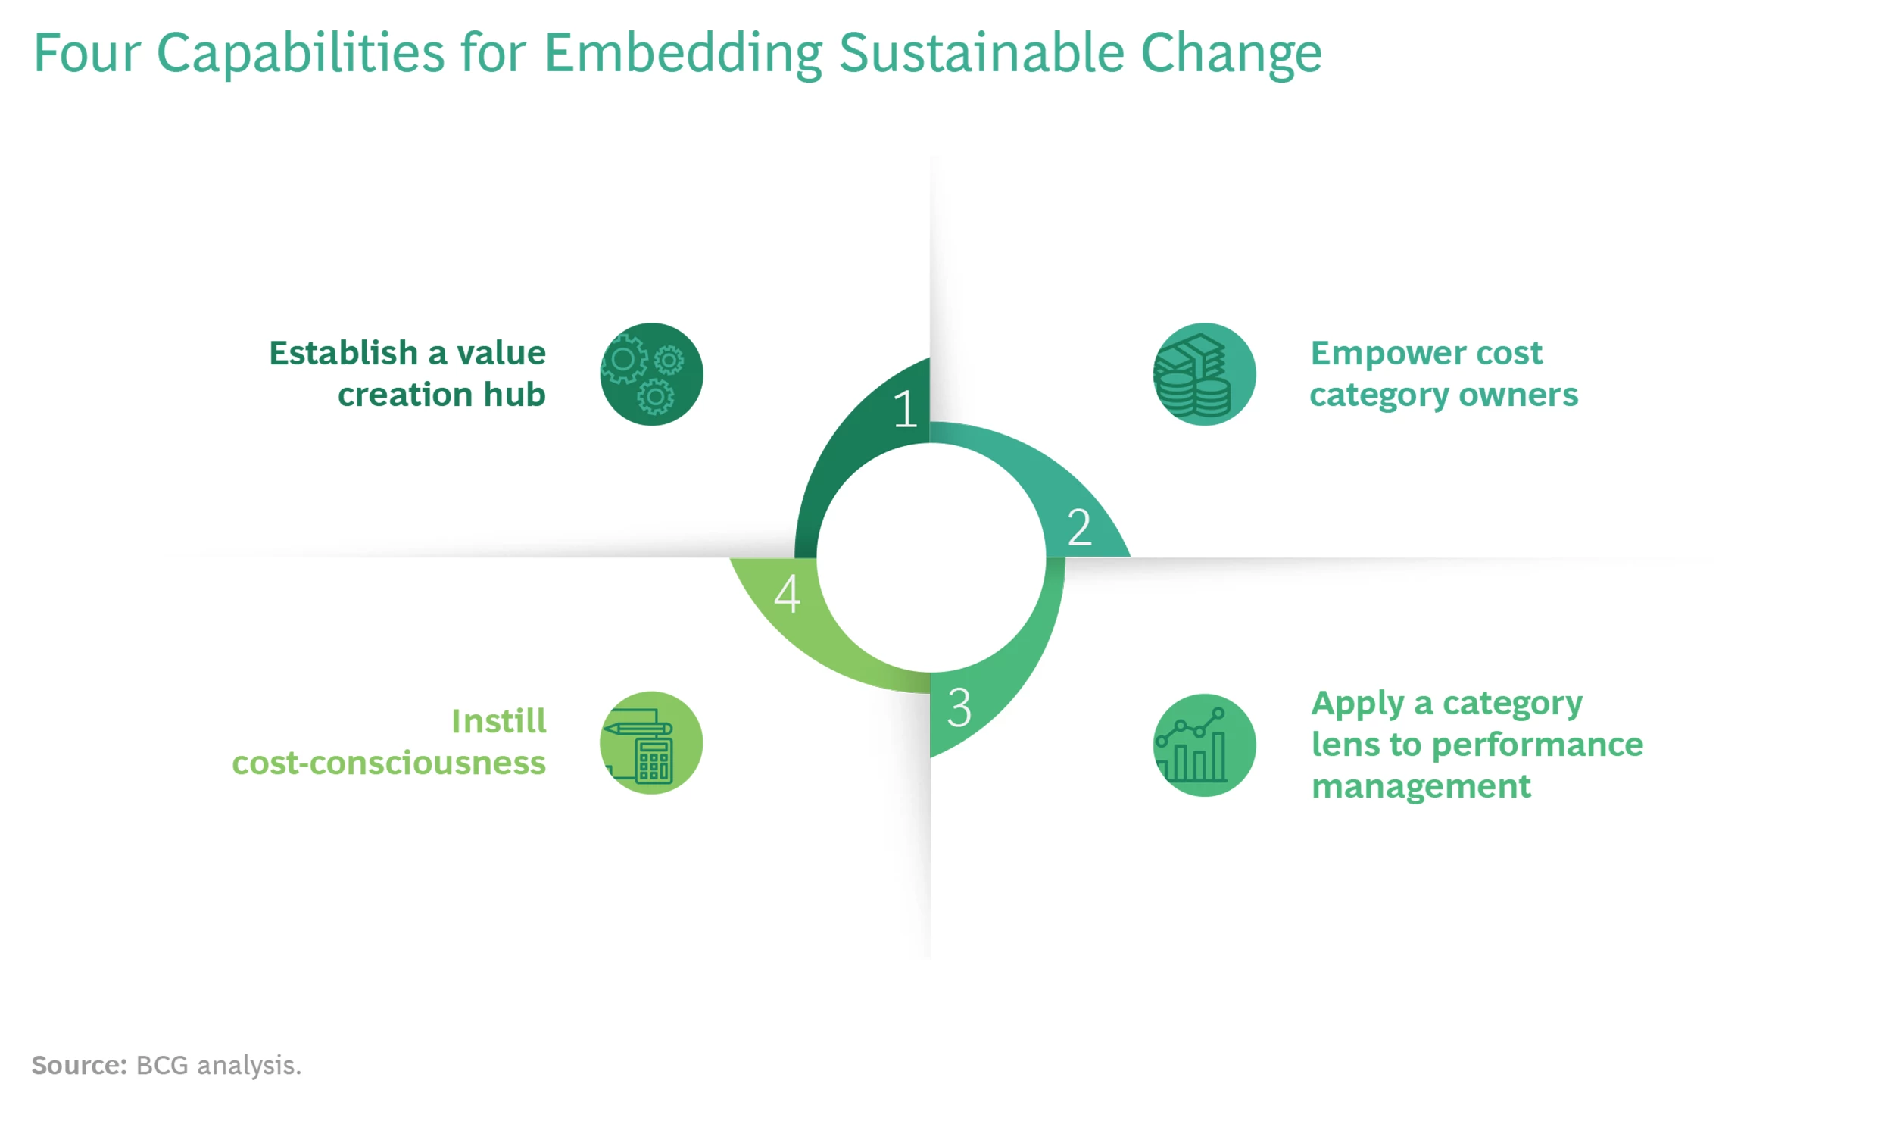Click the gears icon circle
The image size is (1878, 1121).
[651, 374]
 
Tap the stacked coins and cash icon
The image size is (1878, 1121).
[1204, 374]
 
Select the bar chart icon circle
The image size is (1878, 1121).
[1204, 745]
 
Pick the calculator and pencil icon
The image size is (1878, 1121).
[651, 743]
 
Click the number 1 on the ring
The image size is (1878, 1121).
[905, 409]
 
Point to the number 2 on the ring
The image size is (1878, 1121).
[1080, 527]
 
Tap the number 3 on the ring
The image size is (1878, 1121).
[959, 707]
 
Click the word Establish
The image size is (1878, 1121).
[344, 353]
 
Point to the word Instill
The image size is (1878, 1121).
[499, 721]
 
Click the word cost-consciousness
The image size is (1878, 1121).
[389, 763]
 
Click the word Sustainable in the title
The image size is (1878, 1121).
[981, 53]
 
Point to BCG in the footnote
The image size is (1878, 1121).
[162, 1065]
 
